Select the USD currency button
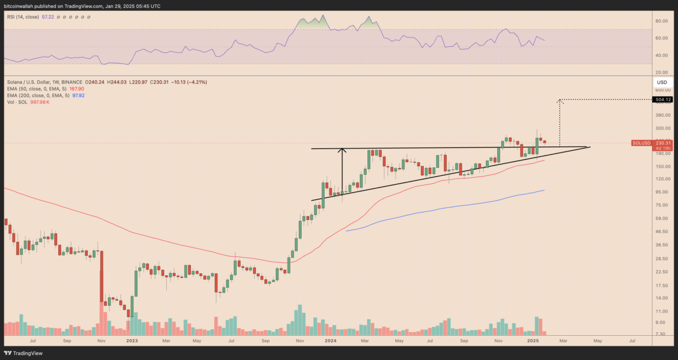pyautogui.click(x=662, y=82)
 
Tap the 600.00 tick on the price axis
pyautogui.click(x=662, y=90)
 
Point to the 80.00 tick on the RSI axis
pyautogui.click(x=661, y=21)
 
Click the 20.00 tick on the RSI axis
pyautogui.click(x=661, y=72)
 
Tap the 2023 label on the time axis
pyautogui.click(x=132, y=341)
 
